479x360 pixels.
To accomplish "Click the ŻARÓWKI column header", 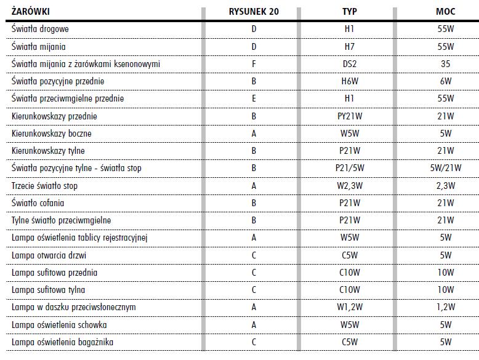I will (x=31, y=12).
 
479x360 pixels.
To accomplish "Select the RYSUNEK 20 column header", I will (x=254, y=12).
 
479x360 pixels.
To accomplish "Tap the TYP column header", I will (x=349, y=12).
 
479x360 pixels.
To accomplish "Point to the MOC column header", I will (x=446, y=12).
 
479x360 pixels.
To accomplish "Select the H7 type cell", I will (x=349, y=46).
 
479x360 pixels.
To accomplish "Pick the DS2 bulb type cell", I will (x=349, y=64).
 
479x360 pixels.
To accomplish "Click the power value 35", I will (x=446, y=64).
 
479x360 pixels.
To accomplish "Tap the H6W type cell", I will (x=349, y=81).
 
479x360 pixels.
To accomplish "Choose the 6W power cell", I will (x=446, y=81).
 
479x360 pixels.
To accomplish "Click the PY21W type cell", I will (x=349, y=116).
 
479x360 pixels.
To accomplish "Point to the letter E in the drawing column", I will (x=254, y=98).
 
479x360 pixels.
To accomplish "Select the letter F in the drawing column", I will (x=254, y=64).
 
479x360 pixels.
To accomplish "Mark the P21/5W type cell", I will (x=349, y=168).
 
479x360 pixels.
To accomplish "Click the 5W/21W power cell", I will (x=446, y=168).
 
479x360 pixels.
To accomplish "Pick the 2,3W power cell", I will (x=446, y=185).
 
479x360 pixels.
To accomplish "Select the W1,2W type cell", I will (x=349, y=307).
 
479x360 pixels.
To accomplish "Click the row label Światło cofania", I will (x=38, y=202).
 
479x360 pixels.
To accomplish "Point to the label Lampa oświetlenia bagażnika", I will (x=63, y=342).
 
